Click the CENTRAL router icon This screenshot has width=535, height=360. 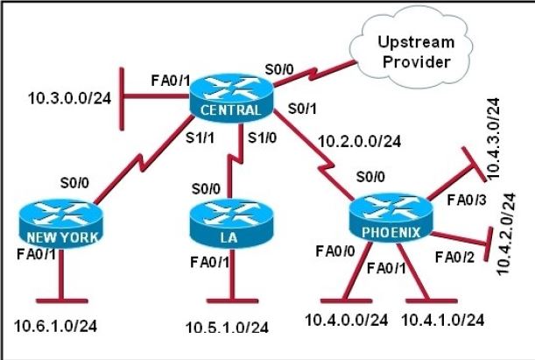pyautogui.click(x=229, y=95)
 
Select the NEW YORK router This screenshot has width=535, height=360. pyautogui.click(x=59, y=222)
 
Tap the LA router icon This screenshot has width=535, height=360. pyautogui.click(x=229, y=222)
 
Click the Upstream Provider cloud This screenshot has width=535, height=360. pyautogui.click(x=416, y=52)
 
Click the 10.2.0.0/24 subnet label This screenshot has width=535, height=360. pyautogui.click(x=359, y=140)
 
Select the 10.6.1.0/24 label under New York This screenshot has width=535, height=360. pyautogui.click(x=55, y=326)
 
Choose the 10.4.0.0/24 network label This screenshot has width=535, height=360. pyautogui.click(x=345, y=321)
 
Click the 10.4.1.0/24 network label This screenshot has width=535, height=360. pyautogui.click(x=442, y=321)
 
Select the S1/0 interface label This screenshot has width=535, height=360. pyautogui.click(x=262, y=138)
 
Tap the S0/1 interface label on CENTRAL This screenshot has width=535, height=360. pyautogui.click(x=302, y=109)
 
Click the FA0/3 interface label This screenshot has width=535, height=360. pyautogui.click(x=462, y=200)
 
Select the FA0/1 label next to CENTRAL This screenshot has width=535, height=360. pyautogui.click(x=169, y=80)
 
